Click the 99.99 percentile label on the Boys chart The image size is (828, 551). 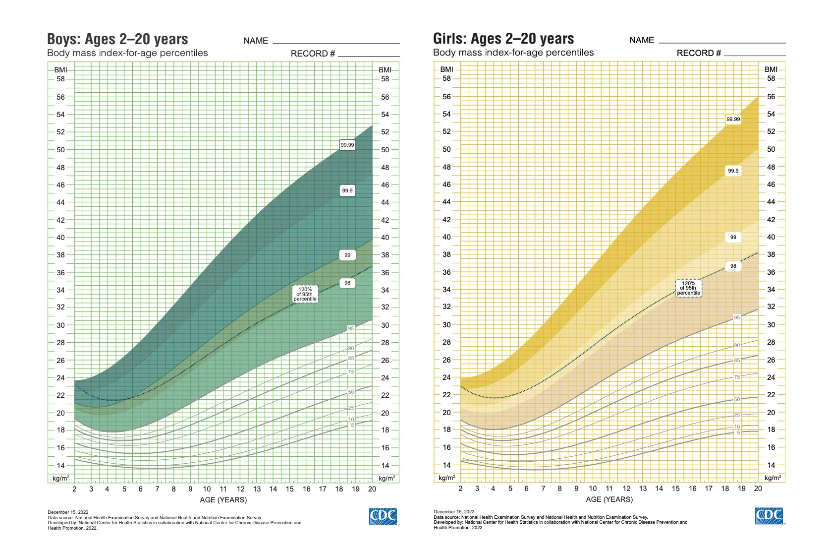[x=347, y=145]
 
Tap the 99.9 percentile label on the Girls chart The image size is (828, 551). [x=733, y=171]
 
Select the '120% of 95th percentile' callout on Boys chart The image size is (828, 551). [x=305, y=294]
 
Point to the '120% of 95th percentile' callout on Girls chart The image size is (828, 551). [x=689, y=288]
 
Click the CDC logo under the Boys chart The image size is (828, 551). [x=383, y=516]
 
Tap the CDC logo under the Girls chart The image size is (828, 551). [x=769, y=516]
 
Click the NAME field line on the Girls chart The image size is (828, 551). [x=722, y=43]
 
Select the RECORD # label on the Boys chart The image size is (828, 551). [x=313, y=54]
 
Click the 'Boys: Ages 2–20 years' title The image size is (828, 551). [x=117, y=39]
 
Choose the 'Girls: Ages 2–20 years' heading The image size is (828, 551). [x=503, y=39]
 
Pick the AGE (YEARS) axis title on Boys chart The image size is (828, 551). [x=223, y=500]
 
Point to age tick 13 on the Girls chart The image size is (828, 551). [x=643, y=489]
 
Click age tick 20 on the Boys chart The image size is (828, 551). [x=372, y=489]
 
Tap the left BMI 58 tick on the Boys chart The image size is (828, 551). [x=60, y=79]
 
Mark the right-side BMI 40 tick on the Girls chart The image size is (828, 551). [x=771, y=237]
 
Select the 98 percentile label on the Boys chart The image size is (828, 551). [x=347, y=283]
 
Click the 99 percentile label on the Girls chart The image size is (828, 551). [x=733, y=238]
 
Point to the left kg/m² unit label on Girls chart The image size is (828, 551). [x=446, y=478]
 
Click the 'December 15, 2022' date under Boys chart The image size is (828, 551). [x=68, y=512]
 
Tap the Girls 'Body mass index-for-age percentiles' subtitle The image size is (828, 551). [x=513, y=53]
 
